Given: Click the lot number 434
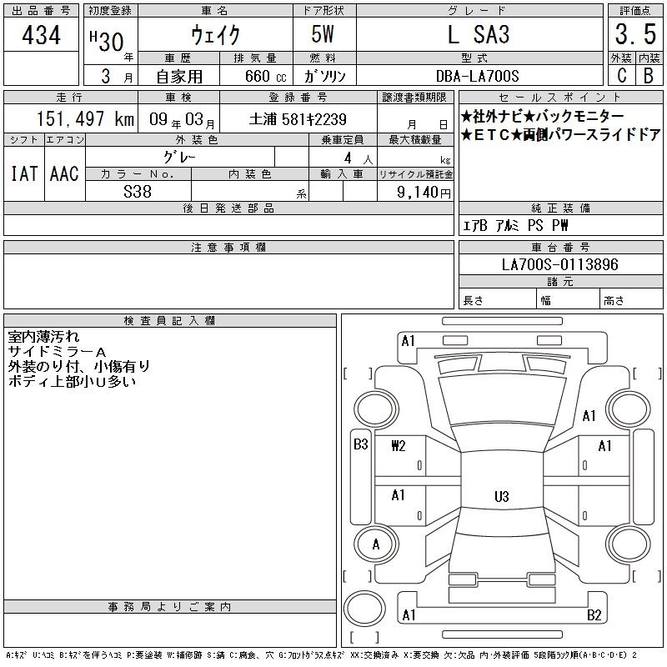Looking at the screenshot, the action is click(x=41, y=34).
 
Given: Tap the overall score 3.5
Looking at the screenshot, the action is click(x=635, y=34).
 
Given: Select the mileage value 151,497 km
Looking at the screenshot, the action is click(x=85, y=118).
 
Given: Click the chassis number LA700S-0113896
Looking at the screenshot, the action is click(x=559, y=264).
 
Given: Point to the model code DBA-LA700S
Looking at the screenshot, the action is click(x=477, y=76).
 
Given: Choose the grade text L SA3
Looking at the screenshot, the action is click(x=479, y=34).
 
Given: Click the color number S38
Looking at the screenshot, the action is click(x=138, y=192).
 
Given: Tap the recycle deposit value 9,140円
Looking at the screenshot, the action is click(x=424, y=192).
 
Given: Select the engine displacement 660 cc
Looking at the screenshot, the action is click(x=265, y=76).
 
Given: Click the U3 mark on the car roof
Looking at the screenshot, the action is click(x=502, y=496).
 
